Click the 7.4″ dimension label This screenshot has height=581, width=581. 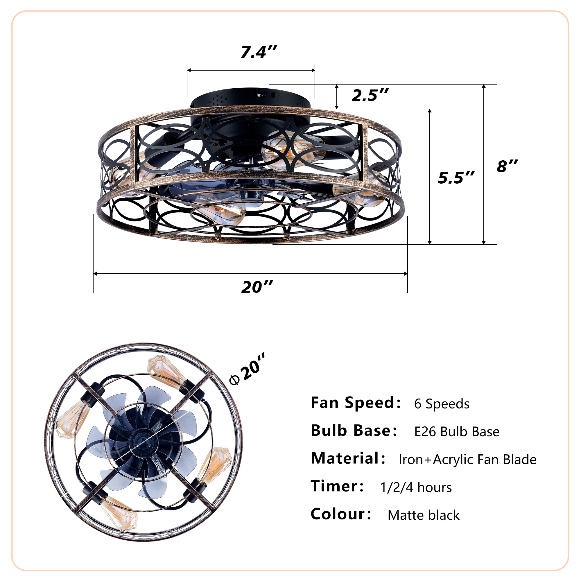click(x=258, y=52)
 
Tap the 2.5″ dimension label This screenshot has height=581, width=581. click(x=370, y=96)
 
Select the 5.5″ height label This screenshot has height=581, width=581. click(x=456, y=178)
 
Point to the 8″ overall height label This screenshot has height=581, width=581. click(x=507, y=166)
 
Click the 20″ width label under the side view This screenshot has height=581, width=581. click(x=257, y=287)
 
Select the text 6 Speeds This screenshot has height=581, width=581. click(x=442, y=404)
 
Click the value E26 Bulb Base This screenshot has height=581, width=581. click(x=456, y=432)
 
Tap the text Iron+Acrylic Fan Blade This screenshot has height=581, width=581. click(x=467, y=460)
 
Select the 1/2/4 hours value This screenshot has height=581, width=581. click(x=416, y=487)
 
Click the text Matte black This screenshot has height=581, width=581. click(x=424, y=515)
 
